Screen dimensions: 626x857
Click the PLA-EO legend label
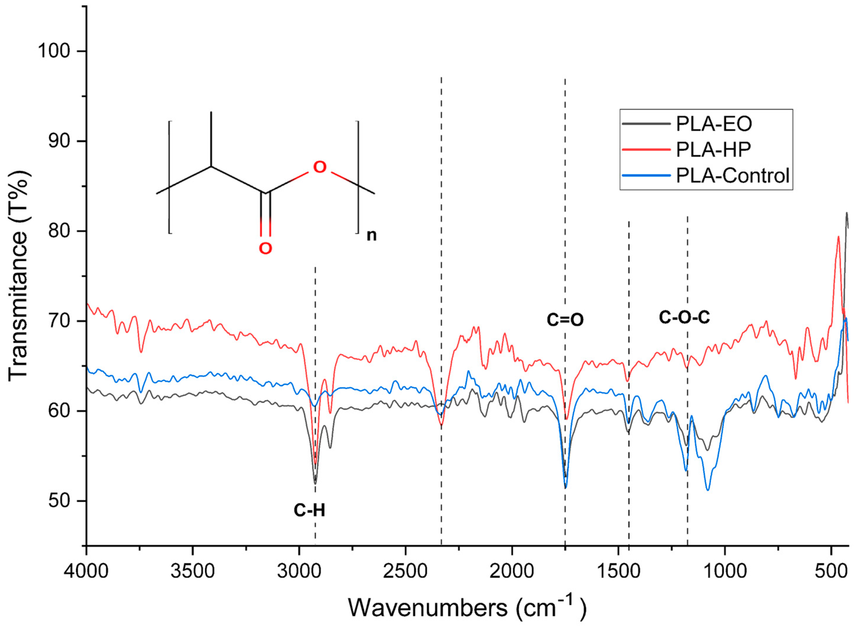[714, 124]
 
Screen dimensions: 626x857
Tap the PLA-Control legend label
[733, 176]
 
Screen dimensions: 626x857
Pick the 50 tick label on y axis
[59, 501]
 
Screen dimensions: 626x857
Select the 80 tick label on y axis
[59, 231]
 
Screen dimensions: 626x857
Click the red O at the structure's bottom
[265, 249]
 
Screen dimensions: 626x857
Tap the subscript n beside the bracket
[371, 235]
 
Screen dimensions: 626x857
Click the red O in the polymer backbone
[320, 167]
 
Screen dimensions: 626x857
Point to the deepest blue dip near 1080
[707, 490]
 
